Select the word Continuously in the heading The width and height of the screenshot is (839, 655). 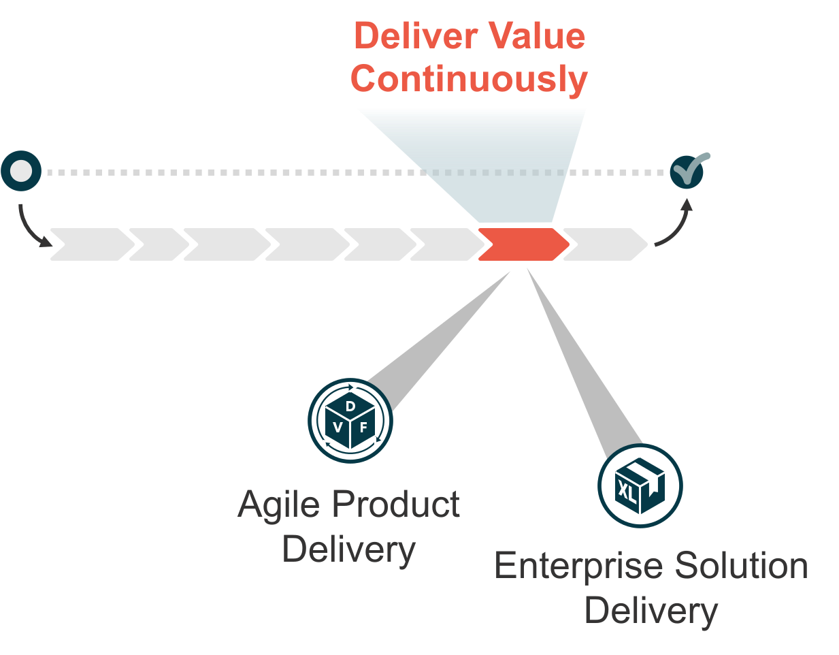coord(469,79)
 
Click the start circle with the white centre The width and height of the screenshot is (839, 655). coord(22,172)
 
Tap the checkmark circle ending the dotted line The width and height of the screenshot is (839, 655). coord(687,172)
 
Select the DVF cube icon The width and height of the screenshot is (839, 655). coord(350,421)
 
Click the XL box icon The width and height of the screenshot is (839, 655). coord(640,485)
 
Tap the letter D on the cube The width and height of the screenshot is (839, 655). coord(350,406)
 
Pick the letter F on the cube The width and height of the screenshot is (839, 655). coord(364,428)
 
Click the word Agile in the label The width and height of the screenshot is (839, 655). coord(278,505)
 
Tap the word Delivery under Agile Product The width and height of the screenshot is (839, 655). coord(348,549)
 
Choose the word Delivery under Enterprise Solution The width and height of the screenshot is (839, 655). coord(651,611)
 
